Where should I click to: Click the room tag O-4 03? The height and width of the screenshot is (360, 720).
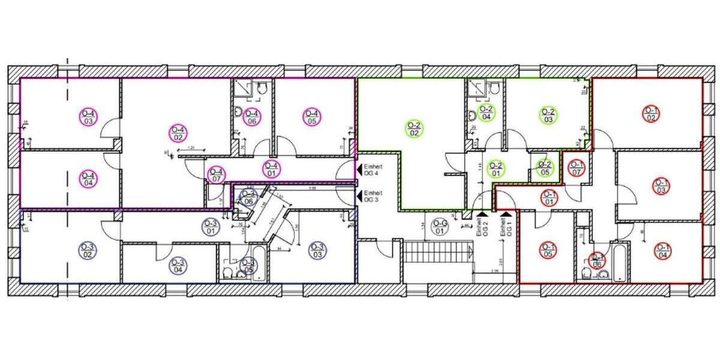pyautogui.click(x=88, y=117)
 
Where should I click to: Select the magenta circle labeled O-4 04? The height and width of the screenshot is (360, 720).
pyautogui.click(x=88, y=179)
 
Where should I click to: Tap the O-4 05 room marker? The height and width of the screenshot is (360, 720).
pyautogui.click(x=311, y=117)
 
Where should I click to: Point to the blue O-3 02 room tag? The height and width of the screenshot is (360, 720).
pyautogui.click(x=88, y=251)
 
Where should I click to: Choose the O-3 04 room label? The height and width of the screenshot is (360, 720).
pyautogui.click(x=178, y=266)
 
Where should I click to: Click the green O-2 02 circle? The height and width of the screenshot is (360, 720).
pyautogui.click(x=414, y=129)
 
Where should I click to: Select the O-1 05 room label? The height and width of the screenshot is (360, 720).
pyautogui.click(x=547, y=250)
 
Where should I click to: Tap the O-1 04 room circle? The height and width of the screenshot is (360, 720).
pyautogui.click(x=662, y=251)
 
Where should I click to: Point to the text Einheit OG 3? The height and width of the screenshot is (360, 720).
pyautogui.click(x=373, y=196)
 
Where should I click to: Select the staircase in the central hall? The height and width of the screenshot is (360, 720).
pyautogui.click(x=436, y=251)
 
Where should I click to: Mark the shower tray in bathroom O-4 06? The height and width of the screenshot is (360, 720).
pyautogui.click(x=242, y=88)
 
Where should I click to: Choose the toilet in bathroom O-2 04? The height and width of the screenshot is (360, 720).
pyautogui.click(x=494, y=89)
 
